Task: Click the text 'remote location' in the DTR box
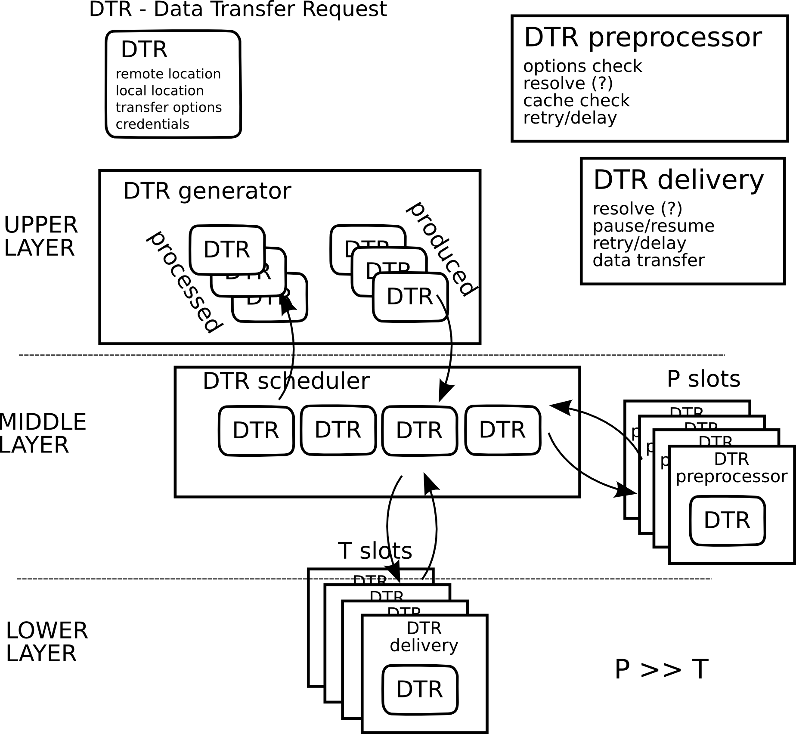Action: point(168,74)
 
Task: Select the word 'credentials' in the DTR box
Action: point(152,124)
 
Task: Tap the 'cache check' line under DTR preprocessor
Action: point(576,100)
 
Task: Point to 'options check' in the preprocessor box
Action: point(582,66)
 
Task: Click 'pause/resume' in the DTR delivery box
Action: point(653,226)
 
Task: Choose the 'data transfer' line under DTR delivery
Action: point(648,260)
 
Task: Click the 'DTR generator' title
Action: point(207,191)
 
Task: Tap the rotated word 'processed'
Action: point(184,282)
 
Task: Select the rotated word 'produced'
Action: point(442,248)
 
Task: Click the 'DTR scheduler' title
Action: point(286,381)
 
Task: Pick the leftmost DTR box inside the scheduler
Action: point(256,430)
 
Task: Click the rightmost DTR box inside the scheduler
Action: point(502,429)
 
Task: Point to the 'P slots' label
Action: point(703,379)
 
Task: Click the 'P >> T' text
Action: point(661,669)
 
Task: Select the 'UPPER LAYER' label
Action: point(40,236)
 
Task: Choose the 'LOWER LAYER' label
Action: point(46,642)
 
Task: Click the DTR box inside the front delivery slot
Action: point(420,689)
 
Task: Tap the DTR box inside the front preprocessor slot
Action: point(727,520)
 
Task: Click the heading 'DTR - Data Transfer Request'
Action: point(238,9)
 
